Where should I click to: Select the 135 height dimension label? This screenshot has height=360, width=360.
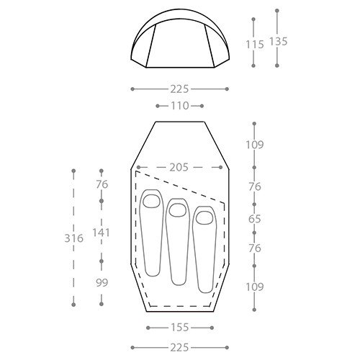(x=278, y=41)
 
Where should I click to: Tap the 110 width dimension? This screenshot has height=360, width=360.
(x=179, y=107)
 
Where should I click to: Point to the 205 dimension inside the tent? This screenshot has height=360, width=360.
(x=179, y=167)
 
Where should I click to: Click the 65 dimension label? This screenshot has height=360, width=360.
(x=256, y=219)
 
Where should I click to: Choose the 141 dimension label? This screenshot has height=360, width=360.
(x=102, y=233)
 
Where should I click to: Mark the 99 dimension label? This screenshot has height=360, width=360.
(x=102, y=282)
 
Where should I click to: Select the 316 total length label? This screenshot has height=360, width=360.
(x=73, y=238)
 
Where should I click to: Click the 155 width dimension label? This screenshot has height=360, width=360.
(x=179, y=327)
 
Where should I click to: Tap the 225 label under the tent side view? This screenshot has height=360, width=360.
(x=179, y=89)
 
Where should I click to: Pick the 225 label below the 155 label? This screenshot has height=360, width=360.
(x=179, y=346)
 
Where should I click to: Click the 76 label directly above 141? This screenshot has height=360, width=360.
(x=102, y=185)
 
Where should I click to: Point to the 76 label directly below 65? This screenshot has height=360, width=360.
(x=256, y=249)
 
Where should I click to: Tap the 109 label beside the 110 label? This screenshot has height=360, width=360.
(x=256, y=145)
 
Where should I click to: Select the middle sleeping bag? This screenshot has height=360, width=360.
(x=177, y=241)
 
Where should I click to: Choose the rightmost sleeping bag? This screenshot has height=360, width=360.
(x=203, y=248)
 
